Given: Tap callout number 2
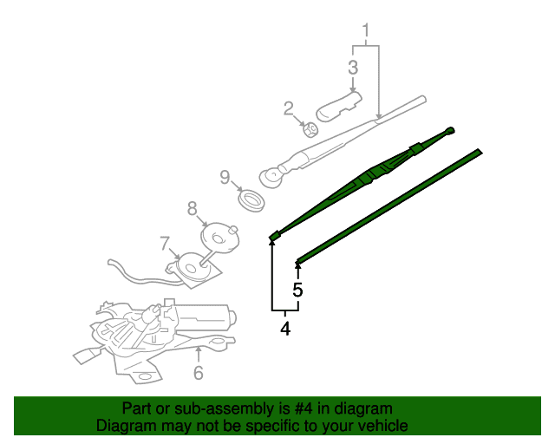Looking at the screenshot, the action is (289, 108).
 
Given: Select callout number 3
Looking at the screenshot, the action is (353, 68).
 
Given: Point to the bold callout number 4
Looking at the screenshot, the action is (285, 329).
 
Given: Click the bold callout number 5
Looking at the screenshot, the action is (297, 290).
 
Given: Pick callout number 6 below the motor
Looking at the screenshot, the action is (199, 373).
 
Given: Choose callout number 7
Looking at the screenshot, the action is (165, 243).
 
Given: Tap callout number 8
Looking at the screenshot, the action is (193, 208).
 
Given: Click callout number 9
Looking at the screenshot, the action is (225, 177).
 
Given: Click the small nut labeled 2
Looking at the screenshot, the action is (310, 129).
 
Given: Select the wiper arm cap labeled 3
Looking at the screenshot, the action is (339, 106).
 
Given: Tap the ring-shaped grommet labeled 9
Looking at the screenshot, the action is (251, 201).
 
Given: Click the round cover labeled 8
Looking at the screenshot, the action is (219, 238).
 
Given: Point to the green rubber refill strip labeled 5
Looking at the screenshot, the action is (388, 207).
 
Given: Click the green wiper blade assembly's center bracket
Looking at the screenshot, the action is (375, 173).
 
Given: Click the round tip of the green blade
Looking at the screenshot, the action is (450, 131).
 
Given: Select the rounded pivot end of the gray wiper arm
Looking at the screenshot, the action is (271, 177).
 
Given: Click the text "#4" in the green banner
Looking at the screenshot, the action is (304, 409).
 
